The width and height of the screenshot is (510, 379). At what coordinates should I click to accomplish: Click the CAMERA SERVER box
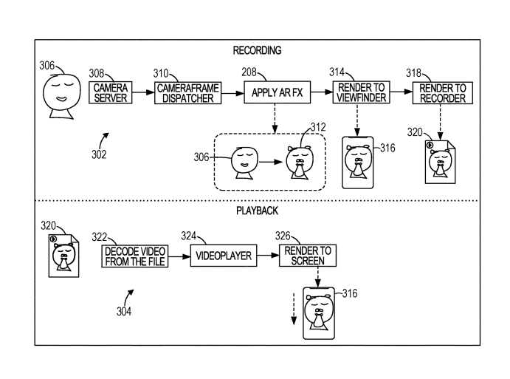click(111, 93)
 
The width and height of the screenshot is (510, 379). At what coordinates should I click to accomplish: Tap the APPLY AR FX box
click(275, 93)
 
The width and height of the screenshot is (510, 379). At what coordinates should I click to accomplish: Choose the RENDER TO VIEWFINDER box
click(359, 93)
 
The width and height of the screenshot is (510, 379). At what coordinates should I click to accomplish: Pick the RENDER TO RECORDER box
click(442, 93)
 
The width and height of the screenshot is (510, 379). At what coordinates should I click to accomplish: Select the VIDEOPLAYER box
click(224, 256)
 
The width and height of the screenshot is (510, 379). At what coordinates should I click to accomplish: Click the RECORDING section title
click(257, 50)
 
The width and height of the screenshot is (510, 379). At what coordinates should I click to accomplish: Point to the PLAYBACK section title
click(257, 211)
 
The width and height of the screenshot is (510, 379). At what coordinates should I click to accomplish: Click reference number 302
click(98, 154)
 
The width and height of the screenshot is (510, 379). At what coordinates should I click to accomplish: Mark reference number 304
click(123, 311)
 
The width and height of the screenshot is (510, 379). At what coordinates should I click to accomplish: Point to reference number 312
click(317, 127)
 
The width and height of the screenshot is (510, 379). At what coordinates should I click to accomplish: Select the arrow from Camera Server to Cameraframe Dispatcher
click(142, 93)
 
